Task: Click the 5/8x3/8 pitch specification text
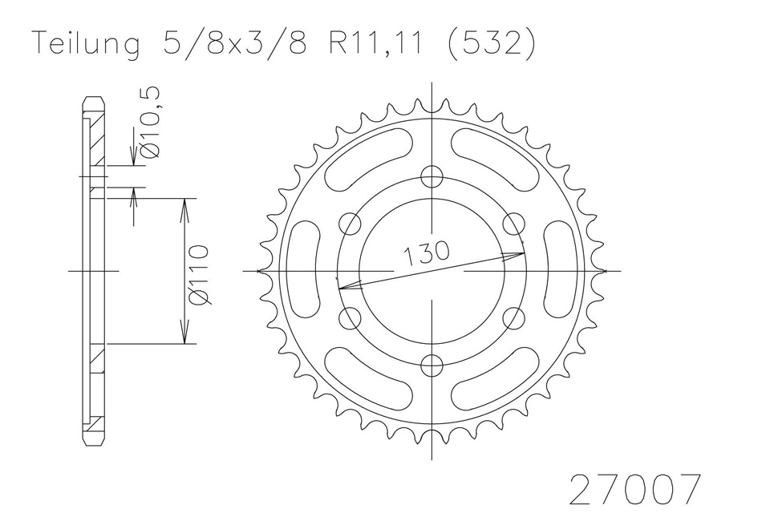click(233, 43)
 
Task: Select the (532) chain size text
click(492, 44)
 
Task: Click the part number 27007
click(634, 489)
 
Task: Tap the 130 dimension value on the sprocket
click(426, 252)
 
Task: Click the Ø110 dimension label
click(199, 275)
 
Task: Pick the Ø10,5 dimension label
click(150, 123)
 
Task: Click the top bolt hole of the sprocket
click(432, 176)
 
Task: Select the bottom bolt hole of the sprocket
click(432, 365)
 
